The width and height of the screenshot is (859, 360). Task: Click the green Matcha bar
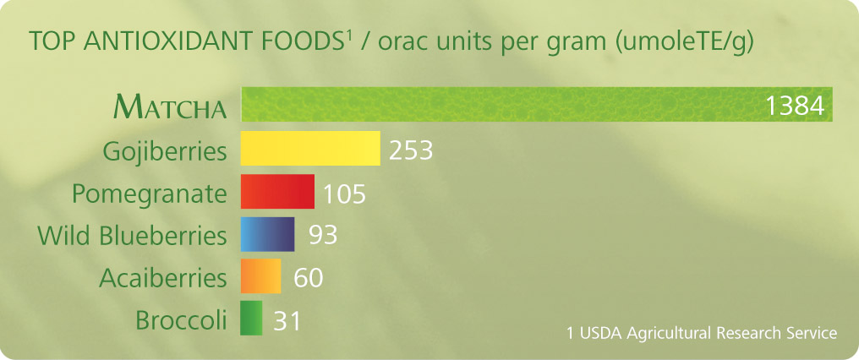(x=537, y=104)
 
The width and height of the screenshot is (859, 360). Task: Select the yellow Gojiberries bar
(x=310, y=148)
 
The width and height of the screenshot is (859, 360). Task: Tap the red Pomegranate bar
(x=278, y=191)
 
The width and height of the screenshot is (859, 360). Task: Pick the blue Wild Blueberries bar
(x=268, y=234)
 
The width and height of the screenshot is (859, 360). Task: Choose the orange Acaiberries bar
(x=260, y=276)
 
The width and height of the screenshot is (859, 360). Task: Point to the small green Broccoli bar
(x=251, y=318)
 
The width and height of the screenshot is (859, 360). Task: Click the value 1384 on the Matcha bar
(x=795, y=106)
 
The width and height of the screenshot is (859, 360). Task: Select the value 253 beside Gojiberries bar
(x=411, y=150)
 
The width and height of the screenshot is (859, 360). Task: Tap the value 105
(x=344, y=194)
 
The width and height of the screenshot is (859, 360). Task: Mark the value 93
(x=323, y=235)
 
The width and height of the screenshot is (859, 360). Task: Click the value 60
(x=309, y=278)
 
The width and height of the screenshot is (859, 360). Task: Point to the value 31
(x=287, y=320)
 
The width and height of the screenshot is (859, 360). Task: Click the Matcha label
(x=170, y=106)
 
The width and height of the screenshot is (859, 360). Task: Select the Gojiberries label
(x=165, y=152)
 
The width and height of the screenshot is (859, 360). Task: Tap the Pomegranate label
(x=150, y=194)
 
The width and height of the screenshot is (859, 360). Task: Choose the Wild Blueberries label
(x=132, y=236)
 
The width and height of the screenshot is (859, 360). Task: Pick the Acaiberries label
(x=162, y=278)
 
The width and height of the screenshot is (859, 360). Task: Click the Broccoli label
(x=181, y=320)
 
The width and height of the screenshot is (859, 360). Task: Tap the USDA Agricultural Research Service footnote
(x=703, y=333)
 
